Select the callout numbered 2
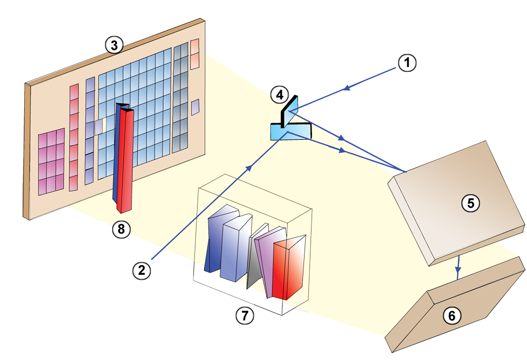(x=142, y=270)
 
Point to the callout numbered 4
(x=279, y=96)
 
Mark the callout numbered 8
(x=121, y=229)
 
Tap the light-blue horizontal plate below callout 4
(x=290, y=131)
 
